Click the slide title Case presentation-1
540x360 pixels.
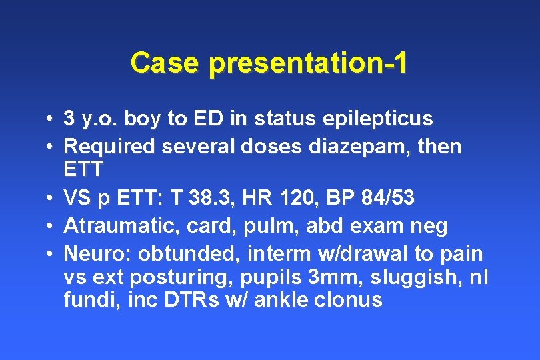(x=269, y=63)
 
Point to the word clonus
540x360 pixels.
(x=351, y=300)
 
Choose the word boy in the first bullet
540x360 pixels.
(x=143, y=119)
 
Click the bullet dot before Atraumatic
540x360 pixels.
(x=50, y=227)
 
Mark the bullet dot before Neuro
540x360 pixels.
(x=50, y=254)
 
